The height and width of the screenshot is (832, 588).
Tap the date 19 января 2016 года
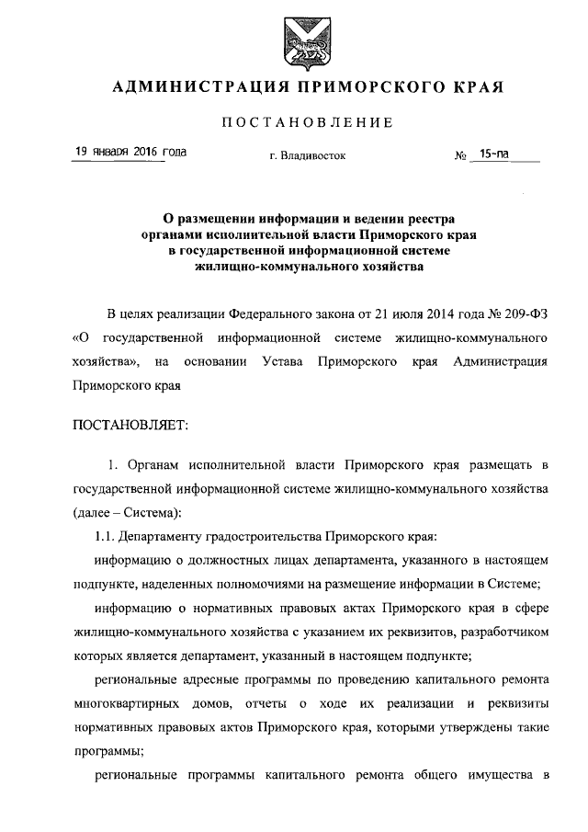130,152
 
